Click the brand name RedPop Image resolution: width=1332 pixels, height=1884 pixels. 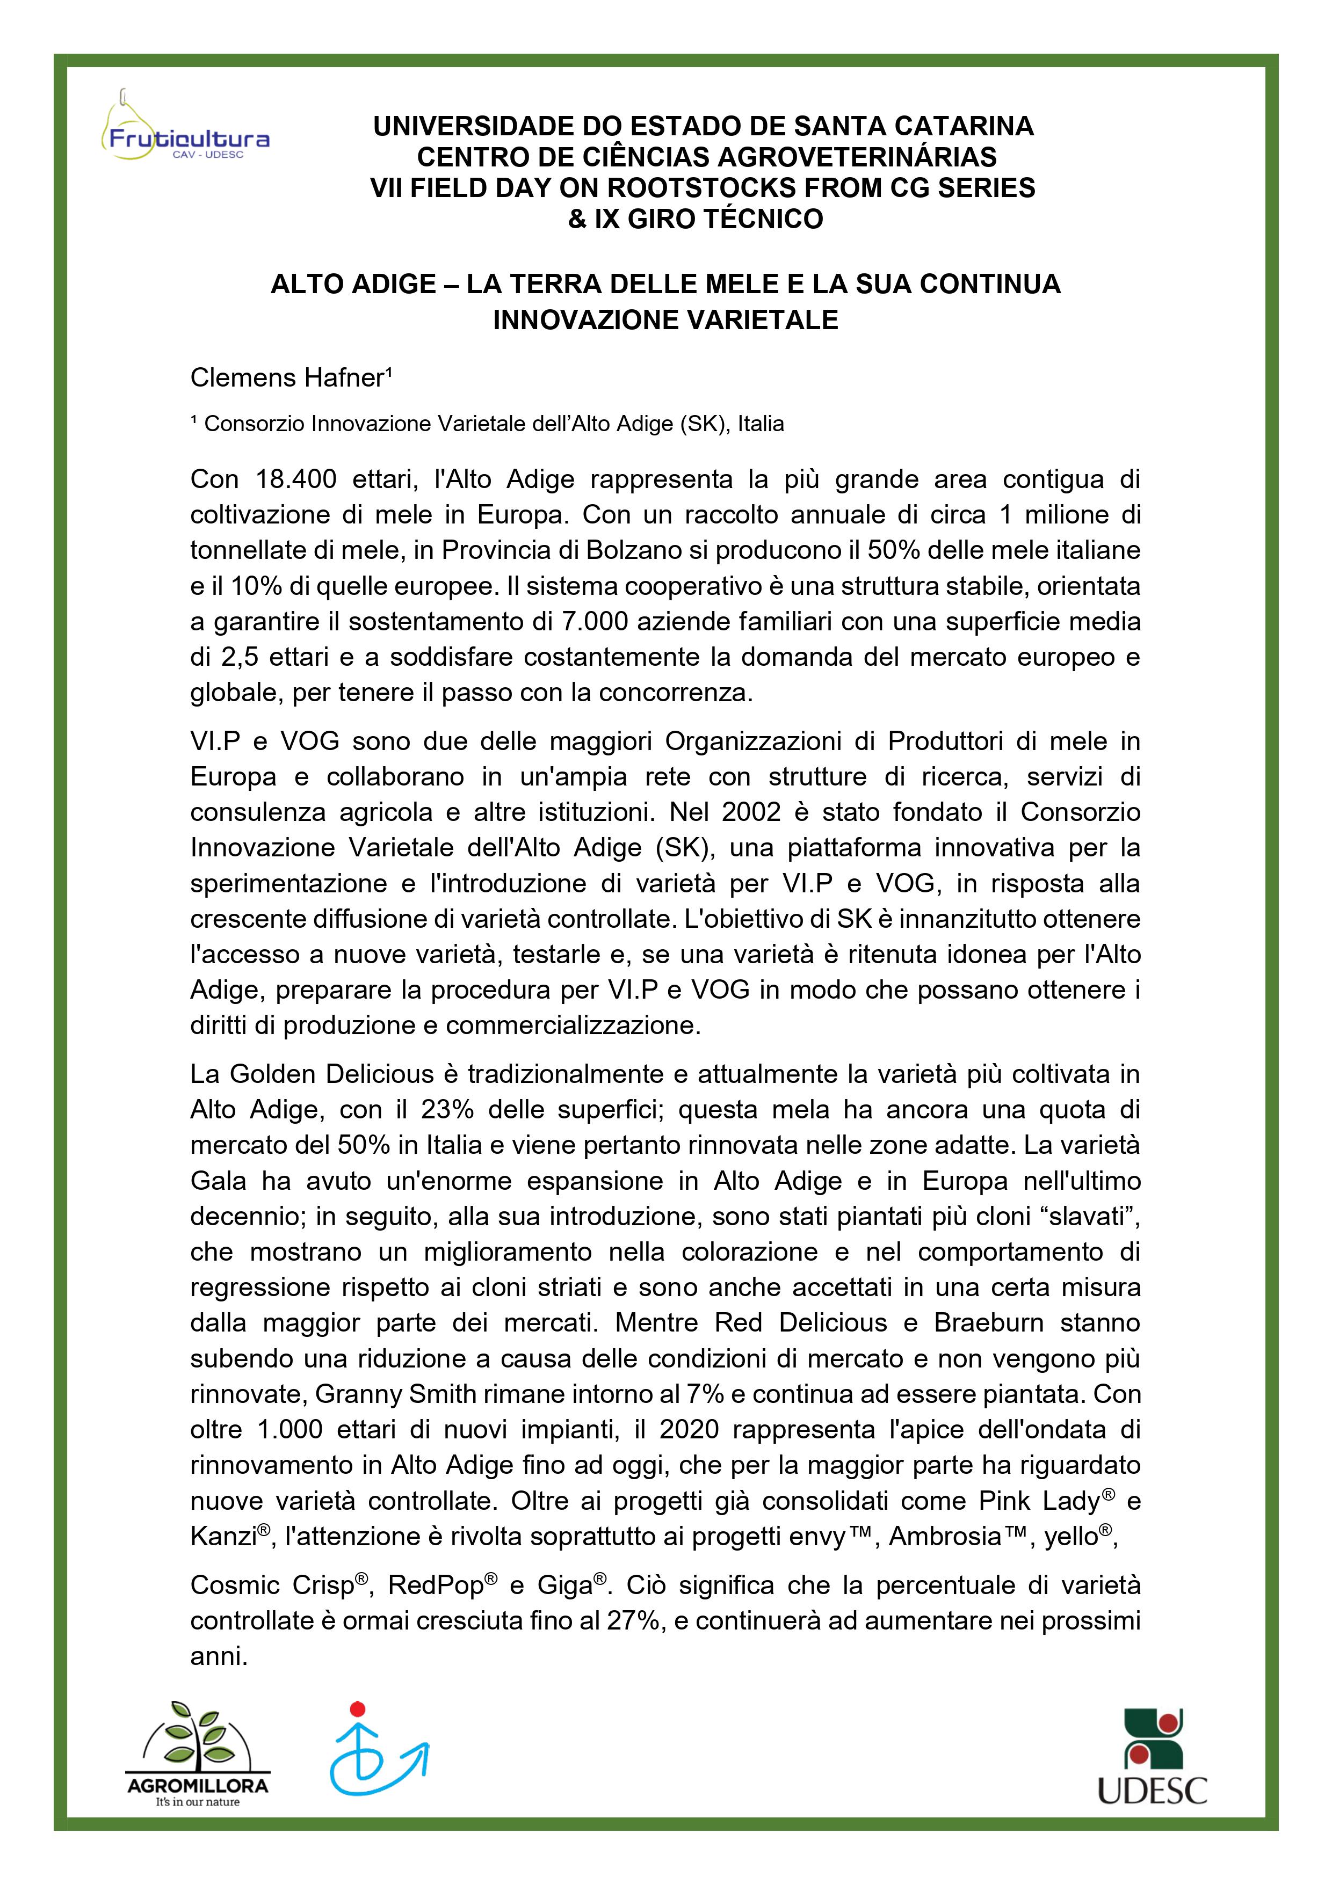coord(436,1586)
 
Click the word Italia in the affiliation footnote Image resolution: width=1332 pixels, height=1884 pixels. coord(761,424)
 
